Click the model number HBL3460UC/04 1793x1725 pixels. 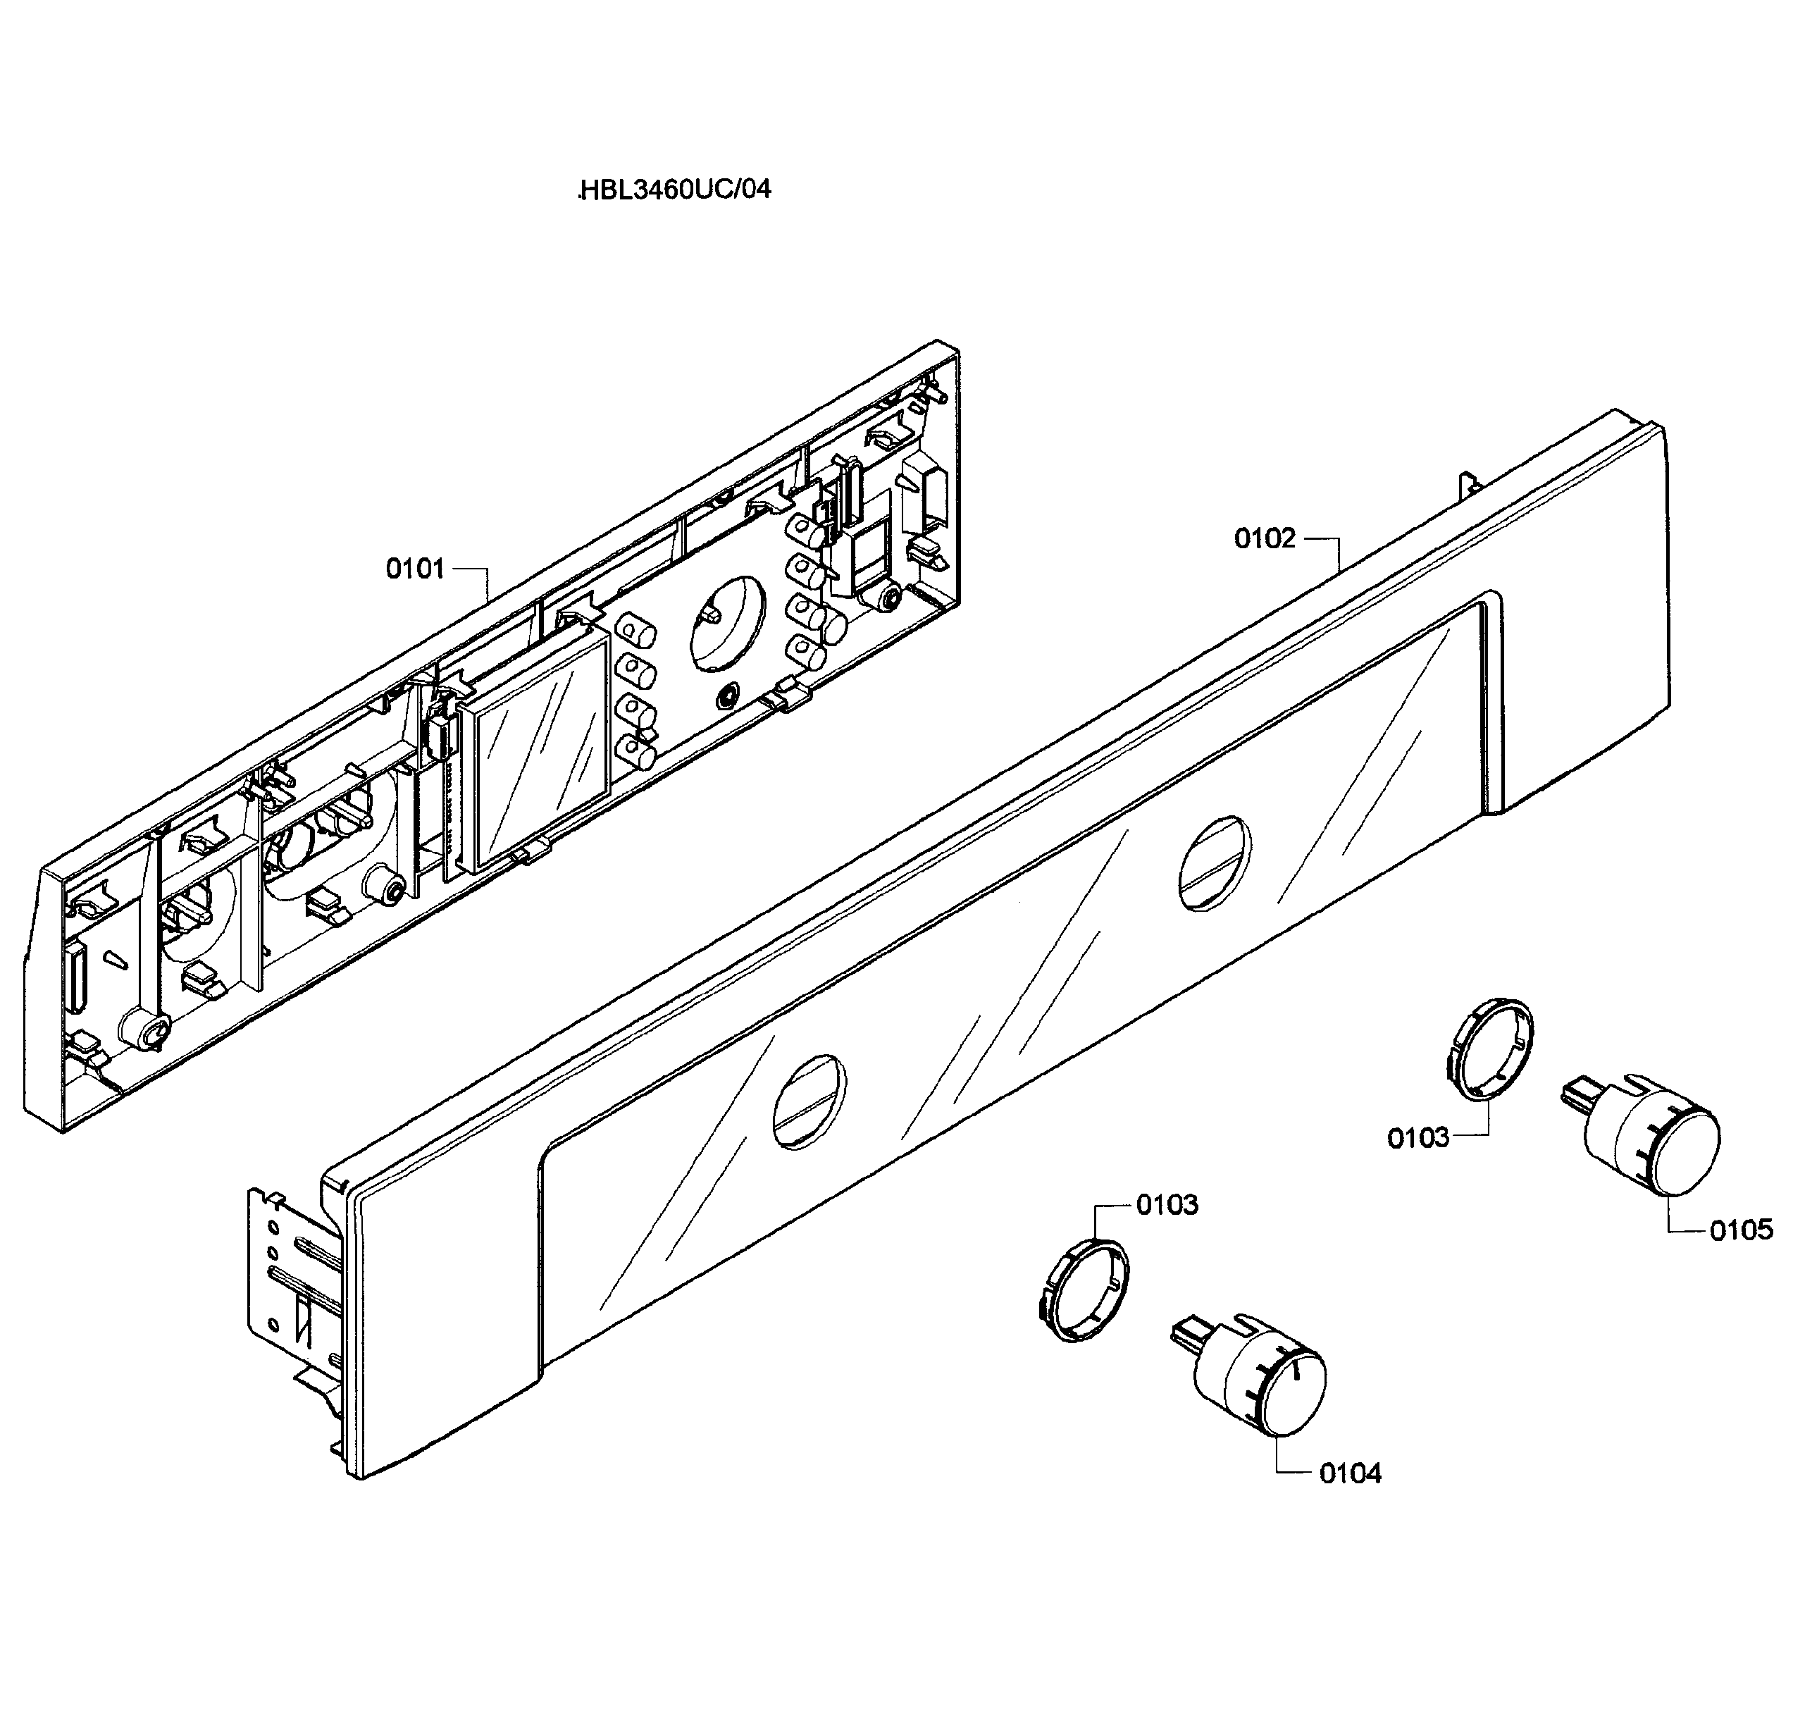tap(675, 190)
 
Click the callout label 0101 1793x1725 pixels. tap(414, 569)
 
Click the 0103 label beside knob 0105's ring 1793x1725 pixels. tap(1418, 1139)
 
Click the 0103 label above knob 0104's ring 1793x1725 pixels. tap(1167, 1205)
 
